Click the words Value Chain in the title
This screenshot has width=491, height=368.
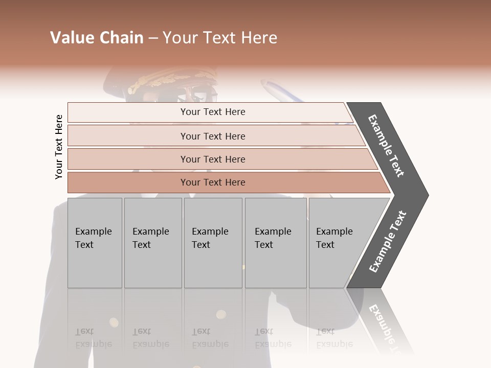(x=97, y=38)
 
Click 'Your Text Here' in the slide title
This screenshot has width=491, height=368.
(x=220, y=38)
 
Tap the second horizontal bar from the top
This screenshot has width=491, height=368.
(x=212, y=136)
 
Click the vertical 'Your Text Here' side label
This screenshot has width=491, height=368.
(x=59, y=147)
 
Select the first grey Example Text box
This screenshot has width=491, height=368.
(x=95, y=243)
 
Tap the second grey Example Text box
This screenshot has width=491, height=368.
(x=153, y=243)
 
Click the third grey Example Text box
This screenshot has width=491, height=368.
(x=213, y=243)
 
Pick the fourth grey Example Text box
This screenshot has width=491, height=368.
(x=276, y=243)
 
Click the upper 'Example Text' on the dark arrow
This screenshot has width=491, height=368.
(x=386, y=146)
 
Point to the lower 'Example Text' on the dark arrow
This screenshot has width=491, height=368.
(x=388, y=242)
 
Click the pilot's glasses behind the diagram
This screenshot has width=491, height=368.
(x=205, y=96)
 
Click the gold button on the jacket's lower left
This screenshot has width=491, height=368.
(x=114, y=322)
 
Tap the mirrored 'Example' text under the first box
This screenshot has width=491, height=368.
(x=94, y=344)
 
